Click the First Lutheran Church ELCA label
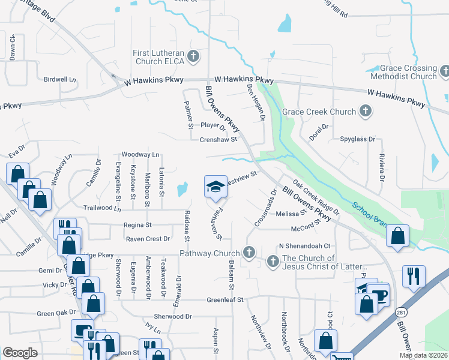(x=158, y=57)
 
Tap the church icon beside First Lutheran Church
(x=193, y=57)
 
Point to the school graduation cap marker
(x=215, y=187)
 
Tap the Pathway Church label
(x=209, y=254)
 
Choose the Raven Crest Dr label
(x=148, y=239)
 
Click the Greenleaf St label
(x=224, y=299)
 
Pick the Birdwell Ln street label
(x=60, y=79)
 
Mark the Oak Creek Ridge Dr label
(x=316, y=197)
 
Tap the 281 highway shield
(x=401, y=313)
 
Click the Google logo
(x=20, y=353)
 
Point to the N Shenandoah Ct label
(x=305, y=246)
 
